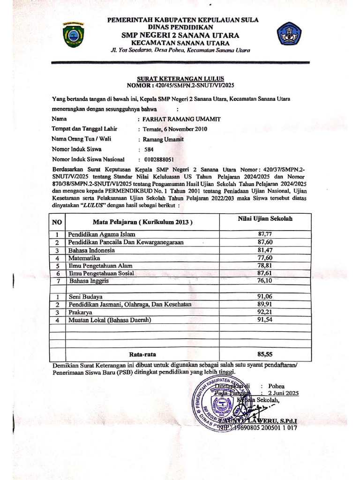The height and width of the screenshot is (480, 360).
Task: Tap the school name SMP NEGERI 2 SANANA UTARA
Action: tap(180, 35)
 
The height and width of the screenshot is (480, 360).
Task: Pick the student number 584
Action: tap(149, 150)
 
